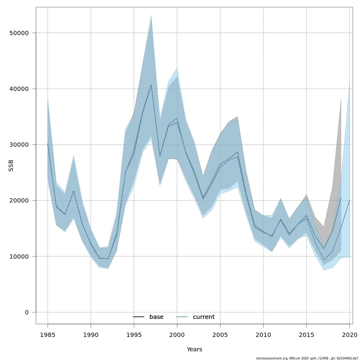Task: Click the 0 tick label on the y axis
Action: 27,312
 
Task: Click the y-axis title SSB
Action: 11,166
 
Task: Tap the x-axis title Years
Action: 194,349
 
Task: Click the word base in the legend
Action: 156,317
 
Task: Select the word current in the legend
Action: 204,317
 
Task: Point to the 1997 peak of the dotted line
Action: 151,85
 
